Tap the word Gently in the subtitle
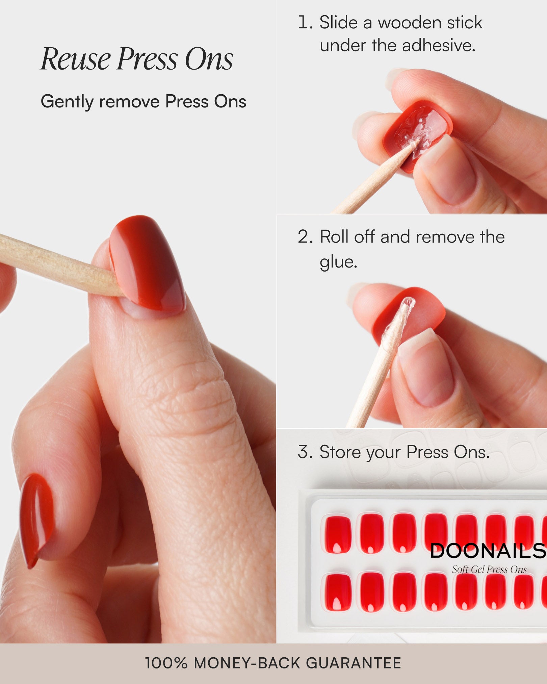67,102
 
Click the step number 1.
305,23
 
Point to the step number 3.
305,452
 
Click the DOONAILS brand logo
488,551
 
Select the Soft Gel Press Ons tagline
489,569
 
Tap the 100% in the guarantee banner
166,663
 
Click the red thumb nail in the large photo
149,263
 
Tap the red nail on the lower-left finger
35,517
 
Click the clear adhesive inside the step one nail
417,130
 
